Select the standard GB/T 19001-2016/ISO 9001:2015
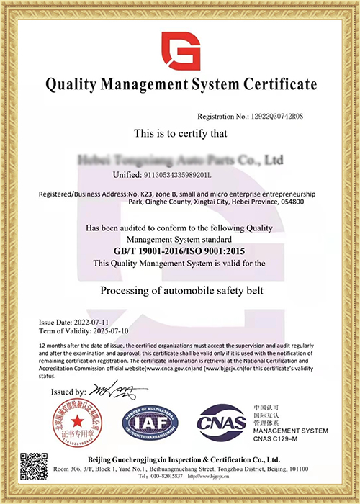(x=180, y=251)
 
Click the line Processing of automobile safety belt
(x=180, y=291)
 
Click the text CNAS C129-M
(x=278, y=440)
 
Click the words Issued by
(x=68, y=392)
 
